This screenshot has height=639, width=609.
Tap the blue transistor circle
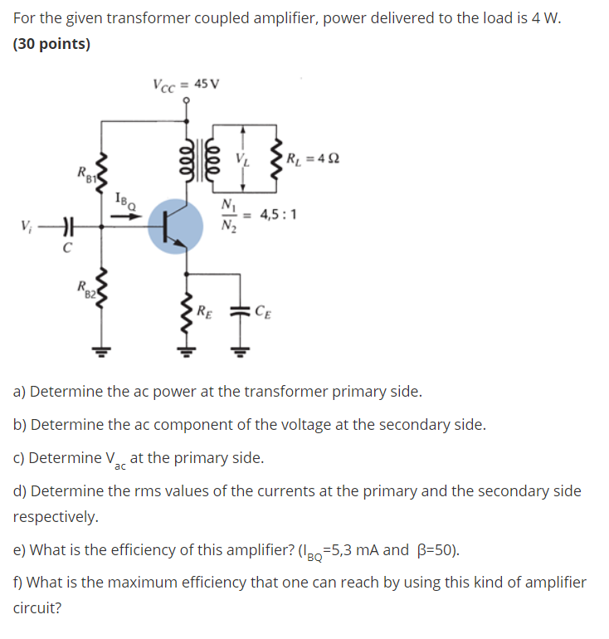[x=175, y=225]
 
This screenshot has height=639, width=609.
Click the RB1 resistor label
[x=87, y=176]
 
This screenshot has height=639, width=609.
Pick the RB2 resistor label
[x=87, y=289]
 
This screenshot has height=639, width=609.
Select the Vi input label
[x=29, y=225]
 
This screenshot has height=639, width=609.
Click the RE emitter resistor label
[x=203, y=312]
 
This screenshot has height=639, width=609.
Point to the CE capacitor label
[x=262, y=312]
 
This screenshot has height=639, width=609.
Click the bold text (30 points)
[x=52, y=44]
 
